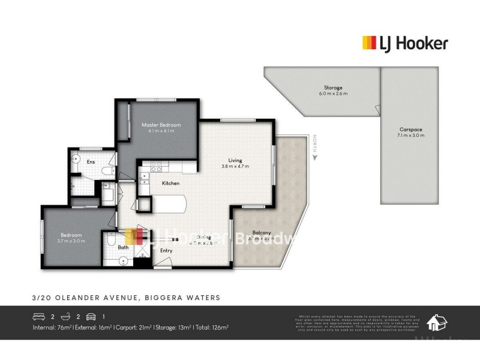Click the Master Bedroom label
point(161,125)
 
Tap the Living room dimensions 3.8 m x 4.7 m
point(235,166)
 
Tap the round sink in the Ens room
point(75,158)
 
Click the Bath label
point(123,247)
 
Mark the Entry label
point(166,250)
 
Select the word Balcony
point(262,232)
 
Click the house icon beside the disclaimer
point(437,323)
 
